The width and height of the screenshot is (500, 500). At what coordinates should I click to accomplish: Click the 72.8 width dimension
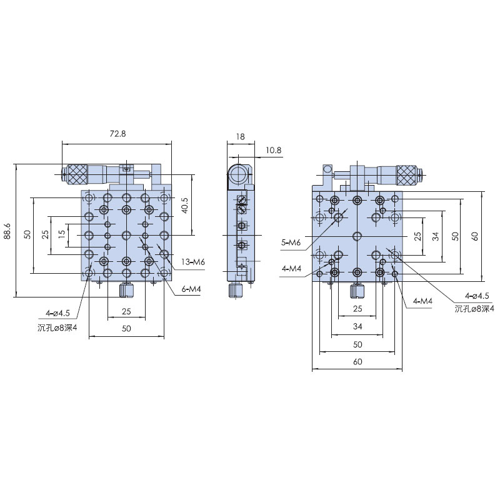tap(117, 134)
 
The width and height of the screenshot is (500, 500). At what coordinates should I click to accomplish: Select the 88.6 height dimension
tap(7, 231)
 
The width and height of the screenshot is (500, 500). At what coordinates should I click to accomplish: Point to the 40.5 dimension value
tap(184, 205)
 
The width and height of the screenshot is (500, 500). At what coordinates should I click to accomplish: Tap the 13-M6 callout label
tap(193, 262)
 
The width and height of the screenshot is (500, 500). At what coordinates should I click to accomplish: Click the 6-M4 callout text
tap(191, 289)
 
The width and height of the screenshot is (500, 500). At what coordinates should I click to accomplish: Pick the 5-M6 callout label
tap(291, 242)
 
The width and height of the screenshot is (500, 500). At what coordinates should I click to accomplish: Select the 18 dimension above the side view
tap(241, 136)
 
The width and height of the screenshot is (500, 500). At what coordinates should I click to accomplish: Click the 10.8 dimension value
tap(273, 150)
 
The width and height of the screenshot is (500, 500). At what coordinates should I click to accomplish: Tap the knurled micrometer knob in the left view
tap(77, 174)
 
